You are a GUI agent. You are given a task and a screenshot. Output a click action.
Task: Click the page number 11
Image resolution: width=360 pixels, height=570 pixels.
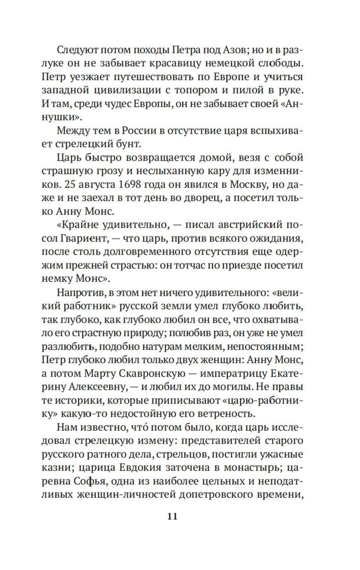pos(172,516)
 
